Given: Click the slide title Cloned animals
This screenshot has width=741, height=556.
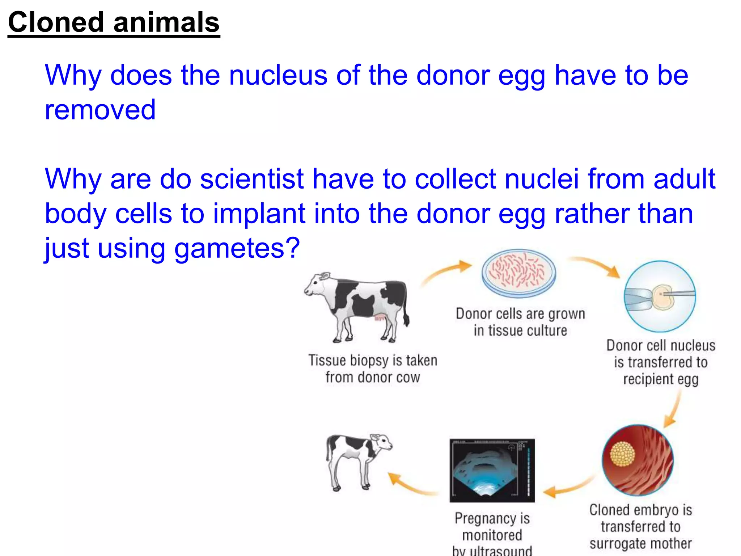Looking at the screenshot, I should point(114,22).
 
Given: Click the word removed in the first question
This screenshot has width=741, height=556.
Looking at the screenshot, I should point(100,110).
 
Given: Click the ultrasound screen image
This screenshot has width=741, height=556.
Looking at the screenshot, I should point(492,471).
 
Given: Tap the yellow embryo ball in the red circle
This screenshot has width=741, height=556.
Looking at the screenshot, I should point(622,454).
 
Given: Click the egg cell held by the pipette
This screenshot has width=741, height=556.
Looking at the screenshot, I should point(663,297).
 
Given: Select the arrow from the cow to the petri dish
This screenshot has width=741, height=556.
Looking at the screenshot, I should point(447,273).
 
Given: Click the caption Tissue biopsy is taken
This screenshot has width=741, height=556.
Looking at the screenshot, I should point(373,361).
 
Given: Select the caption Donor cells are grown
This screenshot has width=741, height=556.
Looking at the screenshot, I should point(520,314).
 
